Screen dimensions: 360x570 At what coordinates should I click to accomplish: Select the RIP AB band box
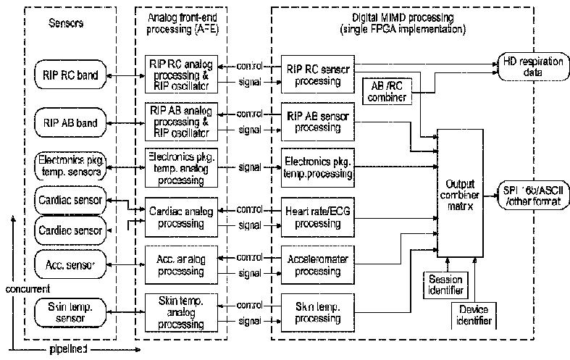[71, 122]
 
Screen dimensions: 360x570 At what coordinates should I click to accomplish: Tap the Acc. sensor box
[71, 261]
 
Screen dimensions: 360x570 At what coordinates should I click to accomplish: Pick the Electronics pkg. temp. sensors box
[71, 166]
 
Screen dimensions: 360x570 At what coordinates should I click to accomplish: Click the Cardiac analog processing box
[180, 216]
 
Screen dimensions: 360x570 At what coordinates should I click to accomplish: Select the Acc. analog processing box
[180, 264]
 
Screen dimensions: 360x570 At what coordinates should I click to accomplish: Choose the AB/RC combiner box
[385, 91]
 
